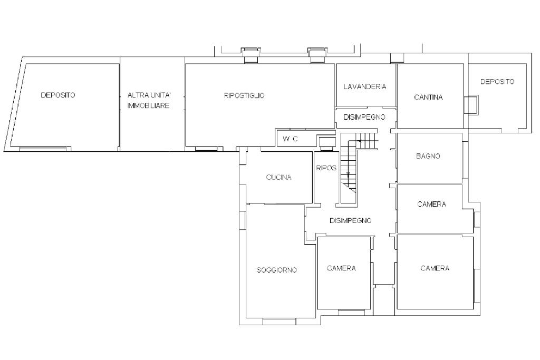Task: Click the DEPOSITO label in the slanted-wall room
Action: pos(58,95)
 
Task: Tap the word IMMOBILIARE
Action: pos(148,105)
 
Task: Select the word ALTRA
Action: pos(137,95)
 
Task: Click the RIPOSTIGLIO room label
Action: pos(244,95)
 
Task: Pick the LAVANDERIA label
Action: pos(365,87)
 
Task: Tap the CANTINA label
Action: pos(428,98)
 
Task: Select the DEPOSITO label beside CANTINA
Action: pos(497,82)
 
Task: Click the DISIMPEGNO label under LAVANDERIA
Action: pos(364,117)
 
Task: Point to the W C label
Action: pos(291,139)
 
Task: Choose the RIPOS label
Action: pos(326,168)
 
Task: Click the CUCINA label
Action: pos(278,177)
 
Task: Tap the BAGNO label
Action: pos(428,156)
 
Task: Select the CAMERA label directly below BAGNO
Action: pos(431,204)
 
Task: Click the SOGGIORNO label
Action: pos(276,270)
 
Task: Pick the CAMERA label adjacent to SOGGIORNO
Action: pos(341,268)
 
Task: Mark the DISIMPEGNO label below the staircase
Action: pos(351,221)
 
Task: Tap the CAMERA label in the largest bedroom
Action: pos(435,268)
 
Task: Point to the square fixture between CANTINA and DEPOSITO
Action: pos(471,105)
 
